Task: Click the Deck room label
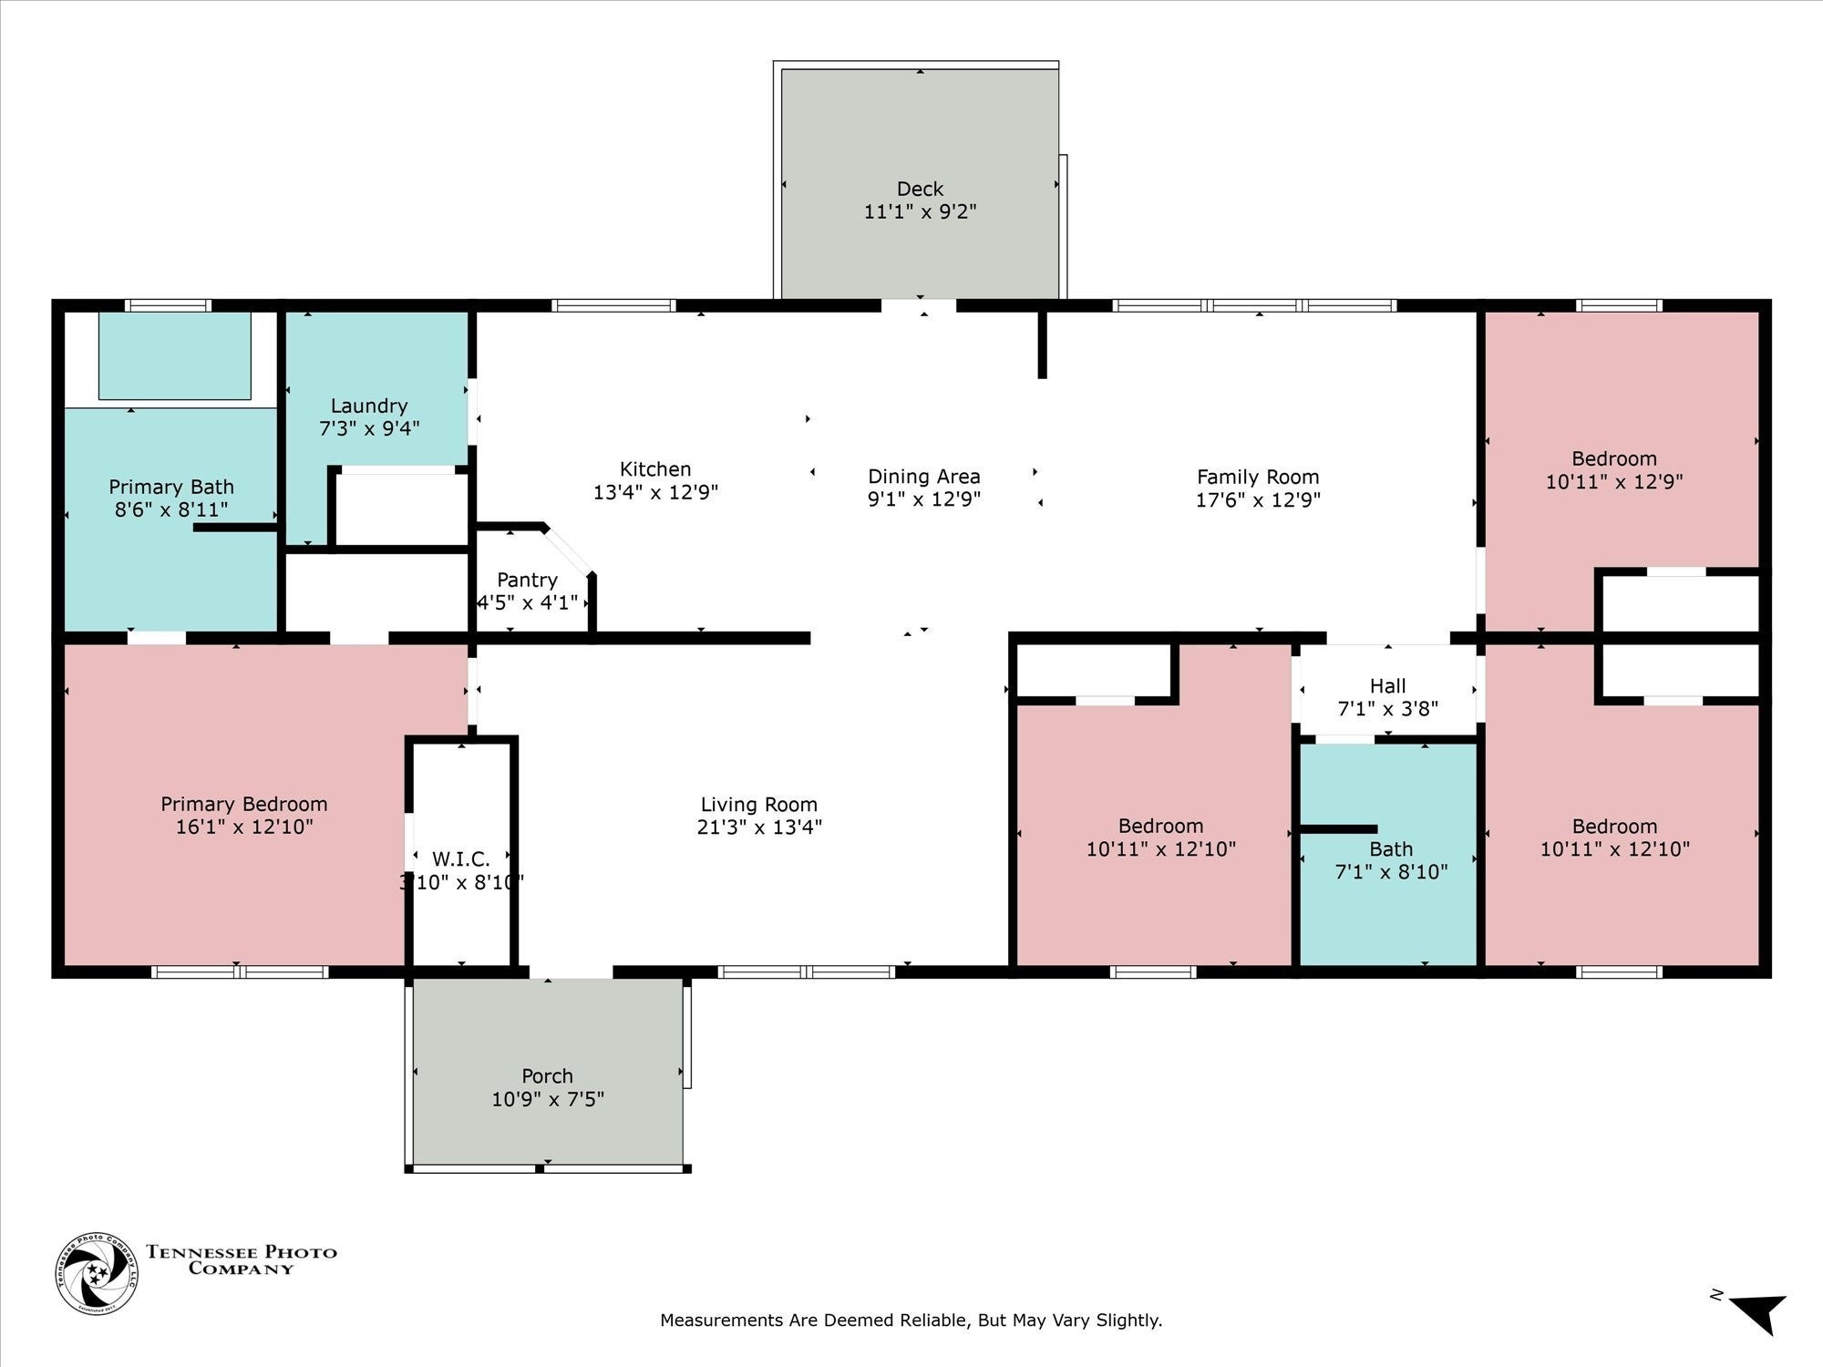[x=920, y=189]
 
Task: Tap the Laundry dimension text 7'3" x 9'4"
[x=369, y=428]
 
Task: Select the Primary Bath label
[x=171, y=487]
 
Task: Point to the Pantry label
[x=527, y=580]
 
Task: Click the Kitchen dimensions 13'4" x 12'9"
[x=655, y=492]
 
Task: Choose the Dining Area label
[x=924, y=477]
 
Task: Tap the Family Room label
[x=1258, y=477]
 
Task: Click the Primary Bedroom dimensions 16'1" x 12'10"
[x=244, y=827]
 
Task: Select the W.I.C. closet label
[x=461, y=858]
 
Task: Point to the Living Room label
[x=759, y=805]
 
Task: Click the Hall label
[x=1388, y=685]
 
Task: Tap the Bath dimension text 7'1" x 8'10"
[x=1391, y=872]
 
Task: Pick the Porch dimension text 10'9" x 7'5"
[x=548, y=1099]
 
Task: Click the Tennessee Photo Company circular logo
[x=98, y=1273]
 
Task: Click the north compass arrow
[x=1759, y=1313]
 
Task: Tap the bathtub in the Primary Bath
[x=174, y=355]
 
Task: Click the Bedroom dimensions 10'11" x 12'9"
[x=1614, y=481]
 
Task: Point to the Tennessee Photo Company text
[x=242, y=1259]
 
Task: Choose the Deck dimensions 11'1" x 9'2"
[x=921, y=211]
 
